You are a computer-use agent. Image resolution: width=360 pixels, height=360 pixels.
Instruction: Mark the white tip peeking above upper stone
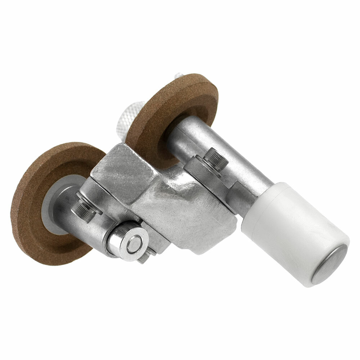point(179,76)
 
